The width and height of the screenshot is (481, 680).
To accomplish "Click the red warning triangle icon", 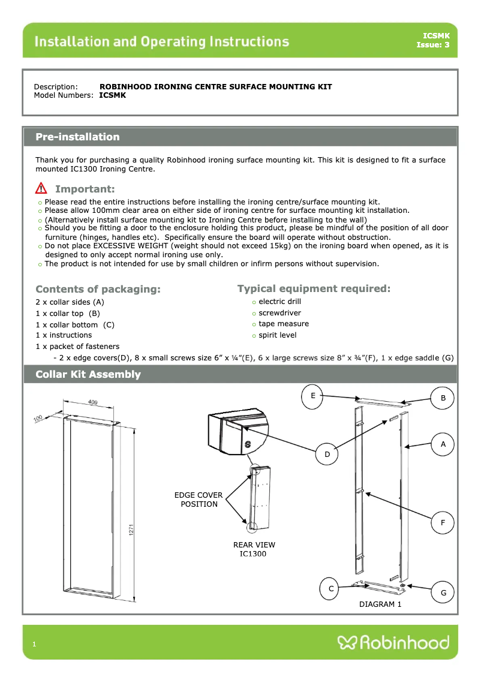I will (41, 188).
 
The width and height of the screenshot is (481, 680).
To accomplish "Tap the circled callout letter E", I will (313, 396).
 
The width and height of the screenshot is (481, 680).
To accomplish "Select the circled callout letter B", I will (443, 398).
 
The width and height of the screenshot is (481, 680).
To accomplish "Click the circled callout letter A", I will (443, 444).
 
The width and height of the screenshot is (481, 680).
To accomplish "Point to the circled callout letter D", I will (327, 455).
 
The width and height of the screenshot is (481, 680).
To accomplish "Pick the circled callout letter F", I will (443, 523).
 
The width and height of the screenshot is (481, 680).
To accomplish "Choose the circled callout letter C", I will (330, 589).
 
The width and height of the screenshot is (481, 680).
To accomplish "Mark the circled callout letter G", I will (443, 592).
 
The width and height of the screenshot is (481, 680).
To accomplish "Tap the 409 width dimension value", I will (94, 402).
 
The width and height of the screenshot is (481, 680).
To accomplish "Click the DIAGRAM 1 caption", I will (380, 604).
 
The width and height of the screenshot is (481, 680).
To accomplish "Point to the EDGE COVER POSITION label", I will (199, 500).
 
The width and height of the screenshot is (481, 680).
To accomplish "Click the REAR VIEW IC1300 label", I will (254, 549).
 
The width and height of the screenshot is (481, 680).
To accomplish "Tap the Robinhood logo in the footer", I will (393, 643).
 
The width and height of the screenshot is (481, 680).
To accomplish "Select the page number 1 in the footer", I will (35, 644).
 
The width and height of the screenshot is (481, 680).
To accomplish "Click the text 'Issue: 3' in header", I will (433, 45).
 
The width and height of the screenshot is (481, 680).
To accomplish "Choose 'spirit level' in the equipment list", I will (277, 335).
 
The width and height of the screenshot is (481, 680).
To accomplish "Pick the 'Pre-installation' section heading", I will (77, 137).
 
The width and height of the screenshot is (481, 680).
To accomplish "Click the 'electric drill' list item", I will (279, 302).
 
